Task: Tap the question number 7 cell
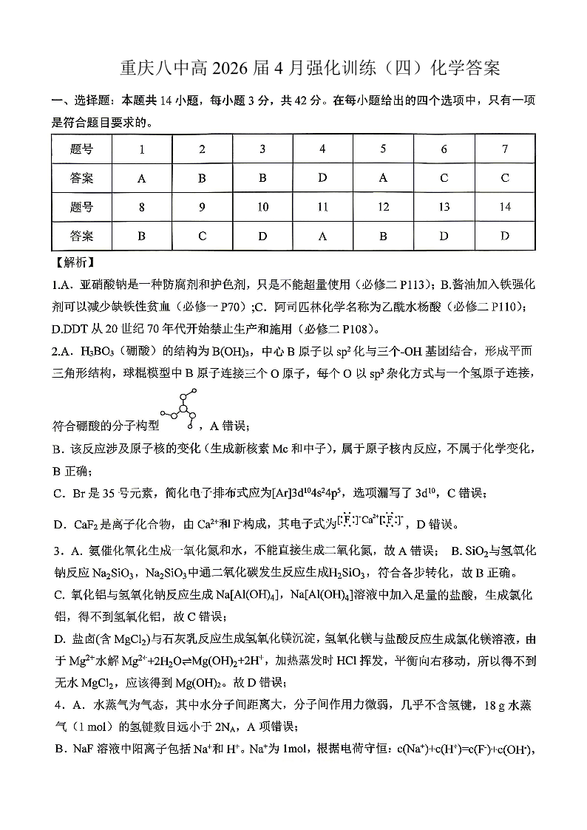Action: click(x=505, y=149)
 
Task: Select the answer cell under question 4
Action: click(x=322, y=178)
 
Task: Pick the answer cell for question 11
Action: click(x=322, y=236)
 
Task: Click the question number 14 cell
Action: click(x=505, y=207)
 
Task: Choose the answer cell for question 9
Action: click(x=202, y=236)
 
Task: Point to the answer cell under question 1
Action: click(x=141, y=178)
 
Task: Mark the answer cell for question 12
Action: click(x=383, y=236)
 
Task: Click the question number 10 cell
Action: click(x=262, y=207)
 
